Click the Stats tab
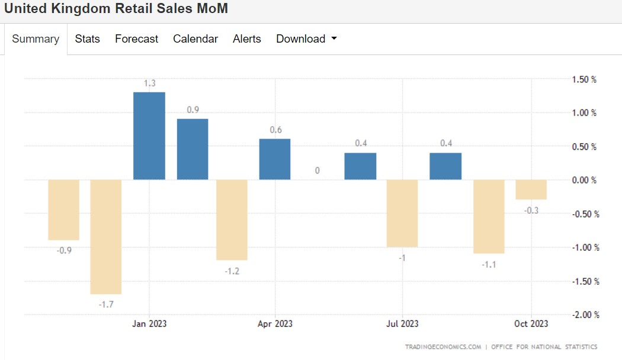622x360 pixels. (87, 39)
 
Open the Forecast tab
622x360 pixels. (136, 39)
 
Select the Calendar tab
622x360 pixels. (195, 39)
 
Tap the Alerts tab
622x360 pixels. (247, 39)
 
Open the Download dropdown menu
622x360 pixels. (306, 39)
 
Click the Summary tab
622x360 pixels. (36, 39)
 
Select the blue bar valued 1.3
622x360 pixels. (149, 136)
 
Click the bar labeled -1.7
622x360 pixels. (106, 237)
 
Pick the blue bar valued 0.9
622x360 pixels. (193, 149)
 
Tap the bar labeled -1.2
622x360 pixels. (232, 220)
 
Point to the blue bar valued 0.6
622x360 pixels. (274, 159)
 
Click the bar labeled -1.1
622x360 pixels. (489, 217)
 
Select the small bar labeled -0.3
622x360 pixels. (531, 189)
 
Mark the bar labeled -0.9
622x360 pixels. (63, 210)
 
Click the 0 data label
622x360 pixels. (318, 171)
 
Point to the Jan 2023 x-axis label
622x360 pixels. (149, 323)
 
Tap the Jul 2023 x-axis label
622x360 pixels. (402, 323)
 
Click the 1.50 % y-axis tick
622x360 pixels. (584, 79)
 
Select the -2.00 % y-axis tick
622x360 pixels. (585, 315)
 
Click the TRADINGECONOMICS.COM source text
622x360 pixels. (443, 347)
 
